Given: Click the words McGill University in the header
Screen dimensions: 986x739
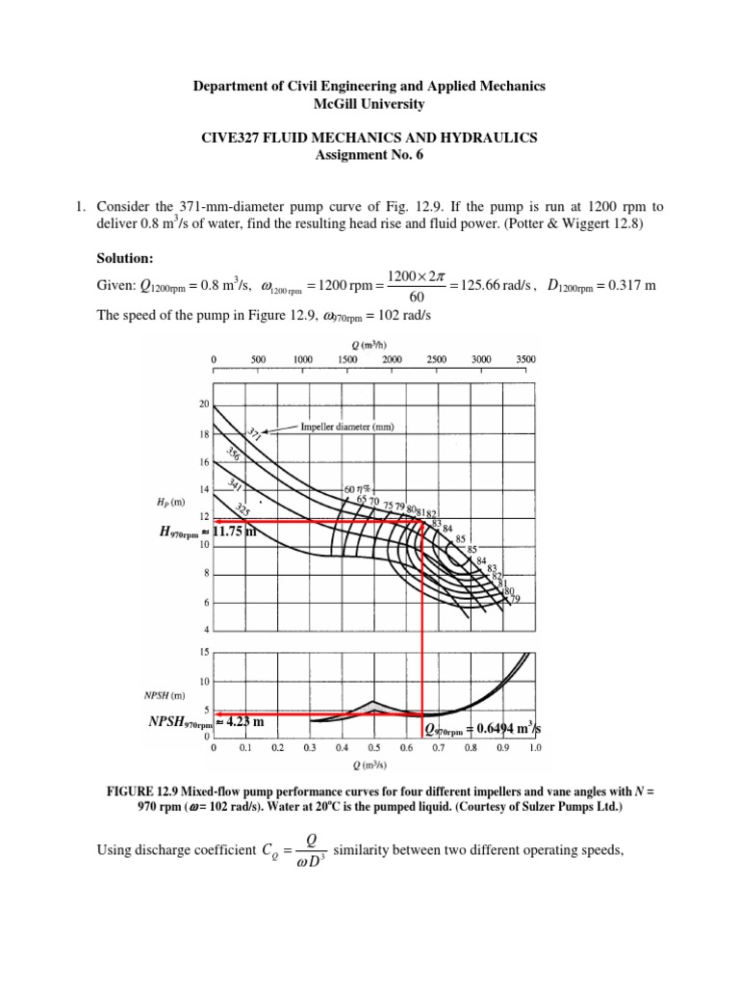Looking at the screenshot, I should pos(369,103).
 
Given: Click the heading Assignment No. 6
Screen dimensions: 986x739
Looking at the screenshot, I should pos(369,156).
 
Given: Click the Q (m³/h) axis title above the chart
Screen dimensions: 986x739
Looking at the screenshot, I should pos(369,338).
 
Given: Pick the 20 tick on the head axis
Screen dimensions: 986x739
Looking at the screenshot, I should pos(204,405).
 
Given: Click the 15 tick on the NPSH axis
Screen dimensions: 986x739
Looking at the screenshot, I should pos(204,653).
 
